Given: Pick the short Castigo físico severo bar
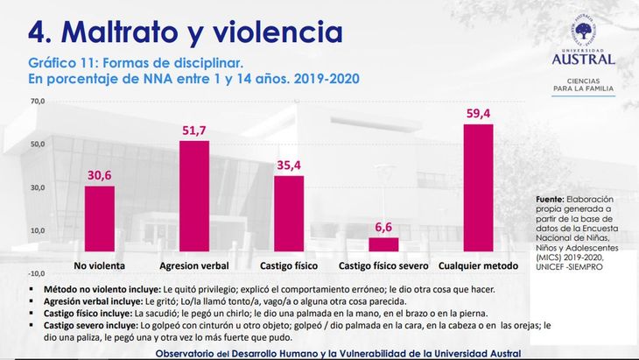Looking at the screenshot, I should click(x=383, y=244).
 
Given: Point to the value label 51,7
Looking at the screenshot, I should click(x=194, y=131).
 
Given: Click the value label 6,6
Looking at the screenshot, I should click(x=383, y=228).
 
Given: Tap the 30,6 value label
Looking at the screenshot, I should click(x=99, y=175).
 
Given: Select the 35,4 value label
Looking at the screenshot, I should click(x=289, y=165).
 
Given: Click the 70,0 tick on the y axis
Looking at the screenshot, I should click(x=37, y=101).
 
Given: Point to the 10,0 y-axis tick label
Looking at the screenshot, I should click(x=37, y=230).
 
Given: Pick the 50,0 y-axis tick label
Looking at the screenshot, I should click(x=37, y=144).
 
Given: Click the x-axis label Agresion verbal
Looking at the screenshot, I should click(x=193, y=265).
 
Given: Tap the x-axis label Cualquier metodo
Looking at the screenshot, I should click(x=478, y=265).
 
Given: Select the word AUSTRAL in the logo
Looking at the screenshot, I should click(x=583, y=59).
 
